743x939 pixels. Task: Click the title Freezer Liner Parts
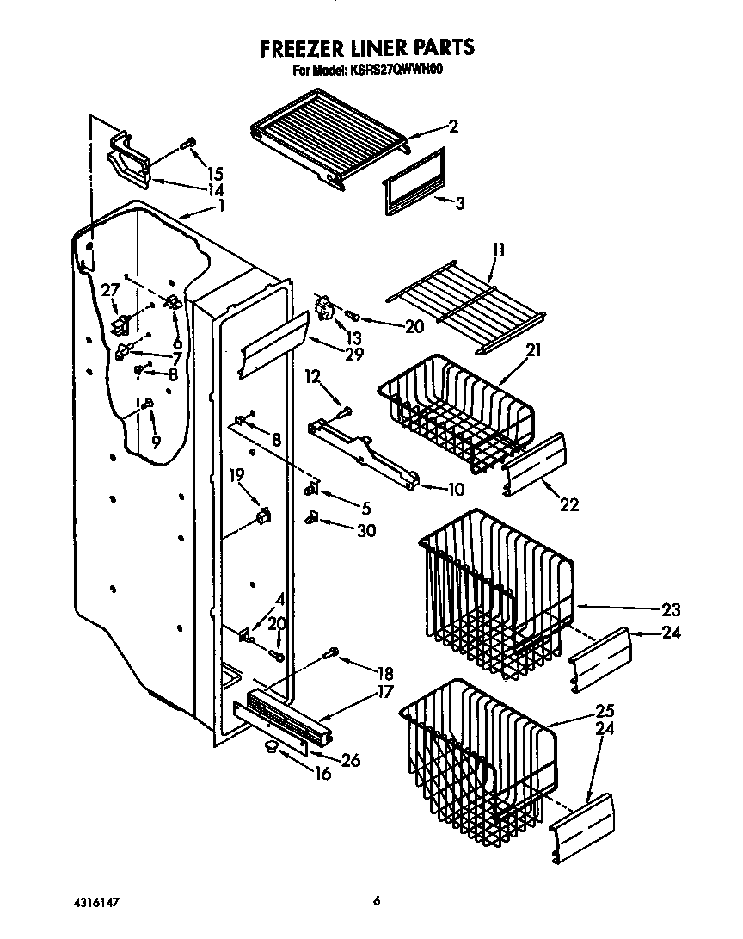coord(367,47)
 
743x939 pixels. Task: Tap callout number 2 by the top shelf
coord(453,127)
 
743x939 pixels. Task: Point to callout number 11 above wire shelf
coord(499,251)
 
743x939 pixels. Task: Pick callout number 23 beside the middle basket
coord(671,610)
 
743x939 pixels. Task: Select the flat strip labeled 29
coord(273,343)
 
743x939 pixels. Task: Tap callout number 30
coord(365,531)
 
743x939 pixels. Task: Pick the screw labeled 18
coord(333,654)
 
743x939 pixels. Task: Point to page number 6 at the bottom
coord(377,901)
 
